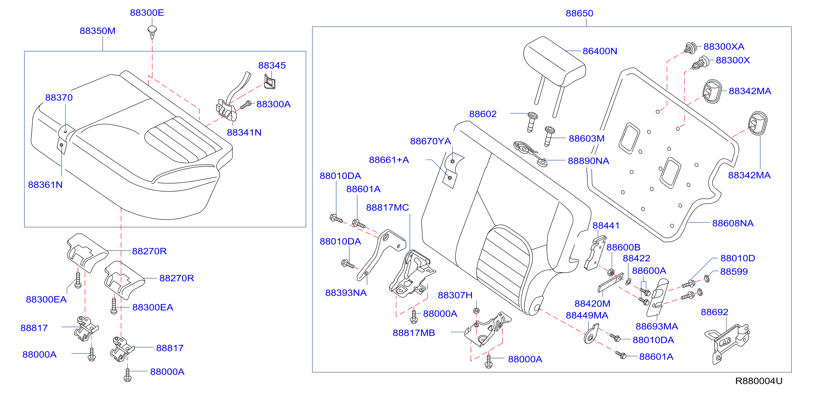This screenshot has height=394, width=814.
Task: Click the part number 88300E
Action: (x=147, y=13)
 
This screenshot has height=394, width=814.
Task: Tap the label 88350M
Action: (x=98, y=31)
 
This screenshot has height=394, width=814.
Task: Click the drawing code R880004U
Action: (x=759, y=381)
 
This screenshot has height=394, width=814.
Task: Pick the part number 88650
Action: (x=579, y=13)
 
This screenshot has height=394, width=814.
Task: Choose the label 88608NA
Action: (x=733, y=223)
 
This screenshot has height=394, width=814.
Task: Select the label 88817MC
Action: (x=387, y=207)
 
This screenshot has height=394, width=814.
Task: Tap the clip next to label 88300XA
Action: (x=691, y=48)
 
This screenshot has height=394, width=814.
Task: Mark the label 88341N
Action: (x=244, y=132)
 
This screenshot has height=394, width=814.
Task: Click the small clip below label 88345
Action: (x=269, y=82)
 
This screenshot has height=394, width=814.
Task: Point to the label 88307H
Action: (x=455, y=295)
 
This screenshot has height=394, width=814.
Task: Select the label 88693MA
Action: (x=657, y=327)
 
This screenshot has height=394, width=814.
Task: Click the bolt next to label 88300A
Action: (x=246, y=105)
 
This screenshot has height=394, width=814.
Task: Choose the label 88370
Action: (x=59, y=97)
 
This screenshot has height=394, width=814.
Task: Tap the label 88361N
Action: (x=45, y=185)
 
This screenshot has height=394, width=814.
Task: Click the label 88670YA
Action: (x=430, y=141)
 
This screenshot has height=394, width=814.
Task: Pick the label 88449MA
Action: (x=587, y=315)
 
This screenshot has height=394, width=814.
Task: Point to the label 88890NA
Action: (x=588, y=161)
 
